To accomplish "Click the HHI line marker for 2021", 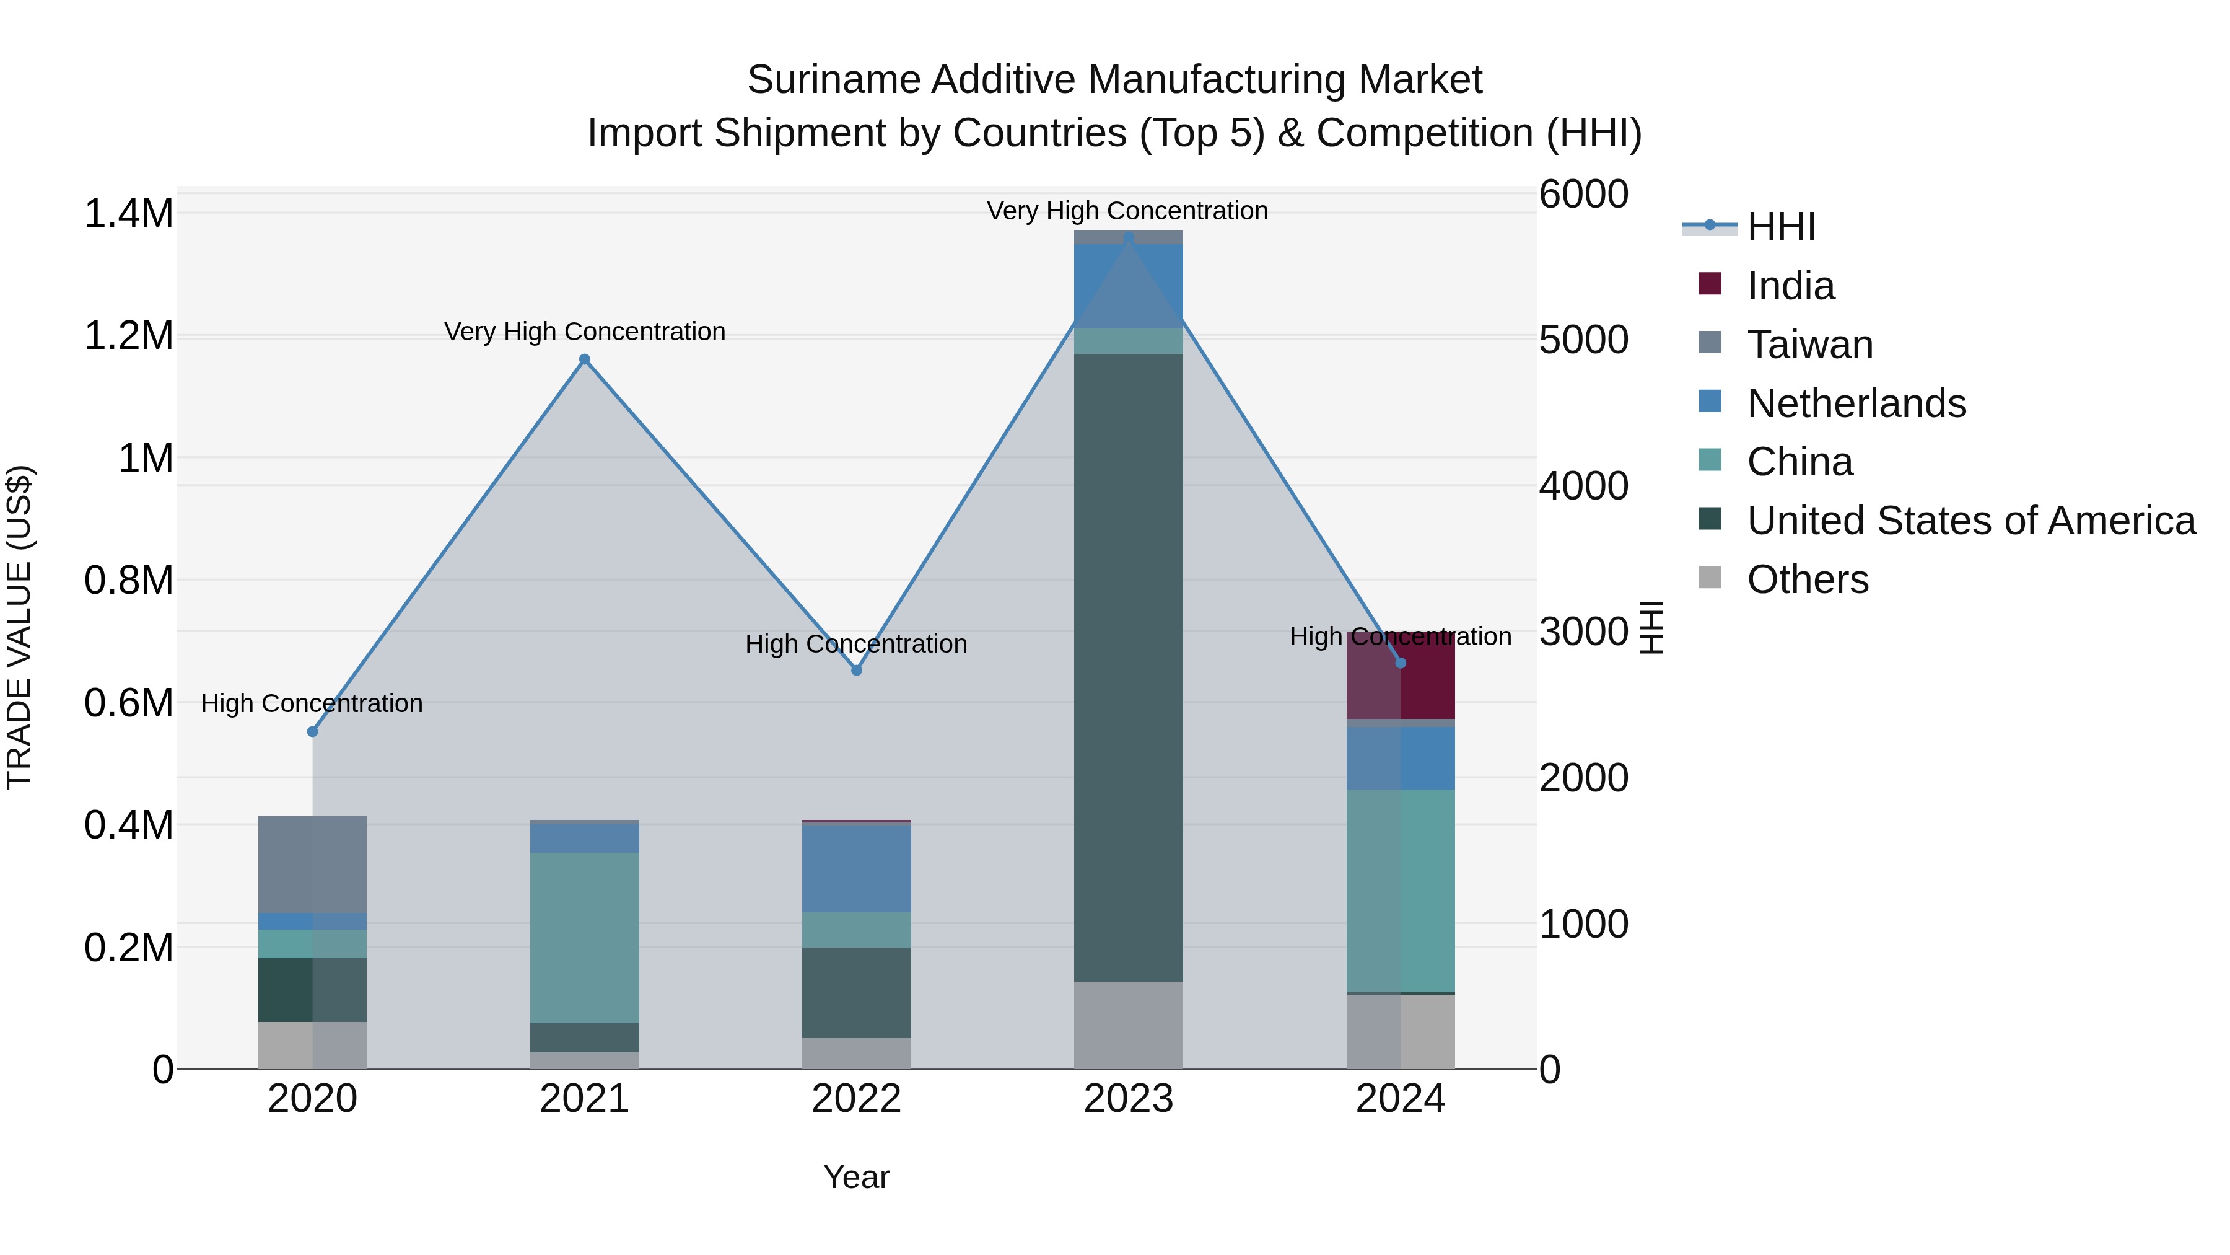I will (x=584, y=359).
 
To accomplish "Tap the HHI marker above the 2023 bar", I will (x=1128, y=238).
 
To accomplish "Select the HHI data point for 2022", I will (x=856, y=669).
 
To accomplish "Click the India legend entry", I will (x=1790, y=286).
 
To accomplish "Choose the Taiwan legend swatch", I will (x=1710, y=343).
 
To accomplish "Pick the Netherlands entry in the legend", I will (x=1856, y=403).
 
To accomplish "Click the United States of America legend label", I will (x=1971, y=521).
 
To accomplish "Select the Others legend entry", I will (x=1807, y=579).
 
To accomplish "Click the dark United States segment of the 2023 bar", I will (x=1128, y=667).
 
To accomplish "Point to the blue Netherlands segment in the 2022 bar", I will (x=856, y=868).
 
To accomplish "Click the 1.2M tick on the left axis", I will (x=128, y=336).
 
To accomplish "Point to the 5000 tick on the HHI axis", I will (x=1583, y=340).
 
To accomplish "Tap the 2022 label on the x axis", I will (x=856, y=1099).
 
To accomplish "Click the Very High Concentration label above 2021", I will (x=584, y=332).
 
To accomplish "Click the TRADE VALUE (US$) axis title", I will (x=19, y=627).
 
